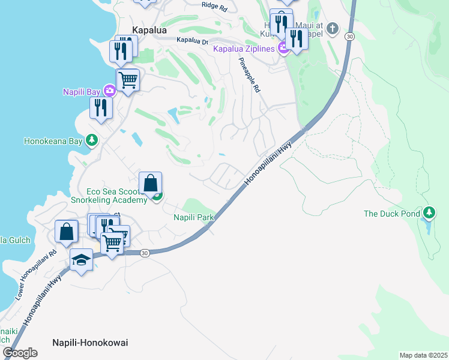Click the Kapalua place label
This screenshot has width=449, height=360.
[149, 30]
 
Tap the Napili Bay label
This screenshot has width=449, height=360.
[82, 92]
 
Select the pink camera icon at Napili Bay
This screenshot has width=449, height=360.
[109, 91]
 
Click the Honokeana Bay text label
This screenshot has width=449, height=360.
[53, 142]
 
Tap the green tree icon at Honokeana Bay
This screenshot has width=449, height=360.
[91, 141]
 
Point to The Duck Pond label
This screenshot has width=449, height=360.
[392, 214]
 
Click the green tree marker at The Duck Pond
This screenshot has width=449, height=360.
[429, 213]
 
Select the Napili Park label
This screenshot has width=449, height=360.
[194, 217]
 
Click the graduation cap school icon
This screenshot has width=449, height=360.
[82, 259]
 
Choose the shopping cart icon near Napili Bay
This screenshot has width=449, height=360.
[128, 79]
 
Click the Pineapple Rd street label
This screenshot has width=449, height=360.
[250, 76]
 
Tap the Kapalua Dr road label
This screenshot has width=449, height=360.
[192, 41]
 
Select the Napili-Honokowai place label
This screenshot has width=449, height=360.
[90, 343]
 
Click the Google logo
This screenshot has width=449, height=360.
[20, 353]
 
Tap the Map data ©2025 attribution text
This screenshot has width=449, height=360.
[423, 355]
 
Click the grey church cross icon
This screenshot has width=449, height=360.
[333, 28]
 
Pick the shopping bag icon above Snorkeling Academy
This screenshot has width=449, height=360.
[150, 182]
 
